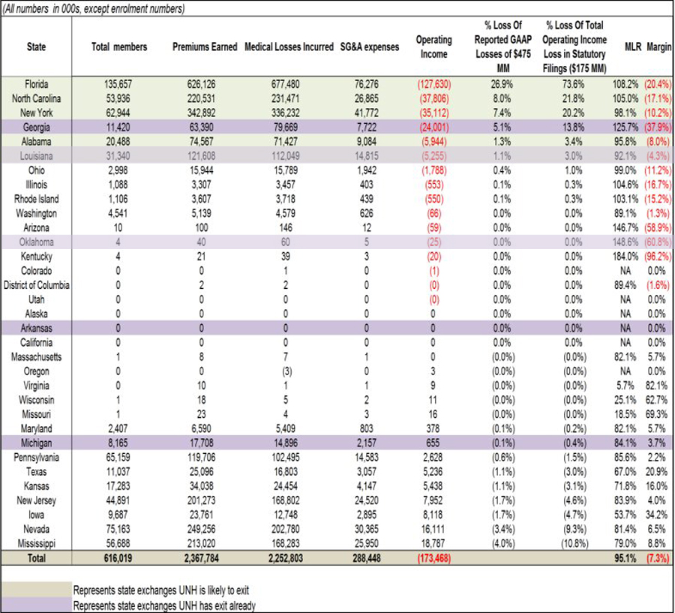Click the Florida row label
(x=36, y=83)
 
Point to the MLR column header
(x=632, y=47)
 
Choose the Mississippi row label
(x=36, y=543)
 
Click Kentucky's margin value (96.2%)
(x=656, y=256)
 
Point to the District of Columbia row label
(x=36, y=285)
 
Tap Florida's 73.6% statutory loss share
(x=576, y=83)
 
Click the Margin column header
(x=657, y=47)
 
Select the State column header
(x=36, y=47)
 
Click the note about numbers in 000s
(x=94, y=9)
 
